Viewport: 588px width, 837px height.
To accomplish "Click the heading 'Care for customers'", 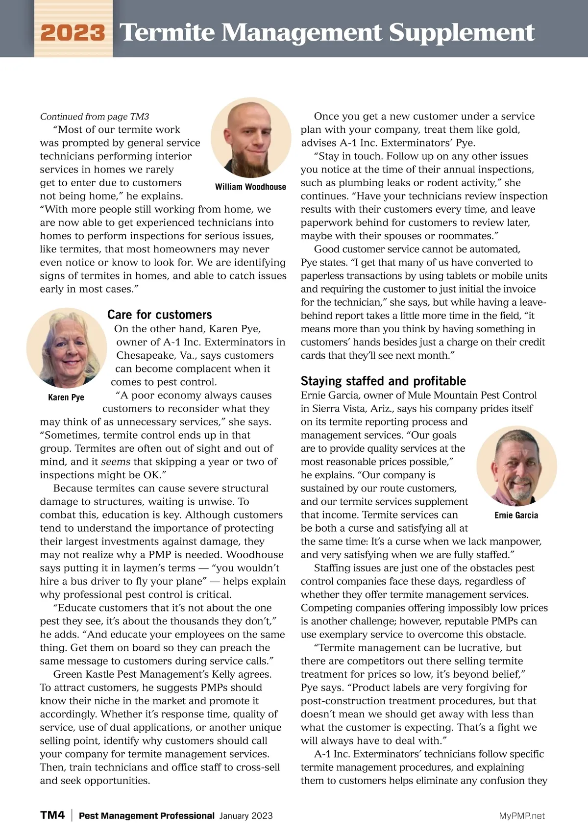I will [x=160, y=315].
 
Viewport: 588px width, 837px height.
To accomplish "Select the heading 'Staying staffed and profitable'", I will [x=383, y=381].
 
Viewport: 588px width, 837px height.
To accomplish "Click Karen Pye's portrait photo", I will [x=67, y=348].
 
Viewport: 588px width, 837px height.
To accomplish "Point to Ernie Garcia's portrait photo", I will [x=516, y=466].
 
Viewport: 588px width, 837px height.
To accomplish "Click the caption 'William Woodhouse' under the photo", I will [x=250, y=187].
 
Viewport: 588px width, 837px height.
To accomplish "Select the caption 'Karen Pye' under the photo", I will [x=66, y=397].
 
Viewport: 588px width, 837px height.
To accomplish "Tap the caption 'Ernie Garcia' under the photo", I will [x=516, y=515].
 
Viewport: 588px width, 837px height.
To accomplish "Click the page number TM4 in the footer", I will [x=52, y=815].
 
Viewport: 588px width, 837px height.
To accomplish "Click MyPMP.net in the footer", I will [x=522, y=816].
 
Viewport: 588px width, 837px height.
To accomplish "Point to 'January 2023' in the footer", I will [x=246, y=816].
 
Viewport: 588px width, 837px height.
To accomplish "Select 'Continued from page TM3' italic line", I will [x=95, y=117].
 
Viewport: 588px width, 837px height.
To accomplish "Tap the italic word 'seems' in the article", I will [x=116, y=462].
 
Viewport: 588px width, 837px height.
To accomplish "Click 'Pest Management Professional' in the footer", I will [x=147, y=816].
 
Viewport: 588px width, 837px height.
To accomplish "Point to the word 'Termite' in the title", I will [x=168, y=33].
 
